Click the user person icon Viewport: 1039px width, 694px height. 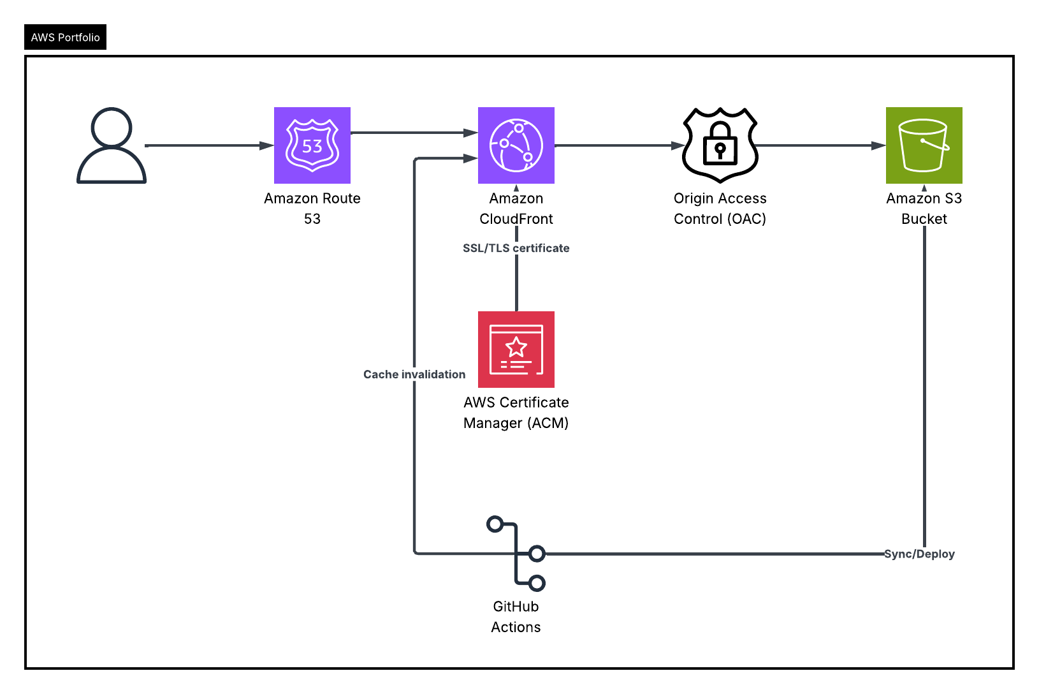(112, 145)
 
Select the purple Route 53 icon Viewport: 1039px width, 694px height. (312, 145)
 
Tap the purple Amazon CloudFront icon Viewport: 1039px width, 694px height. (516, 145)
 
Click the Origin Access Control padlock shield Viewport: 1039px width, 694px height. (720, 145)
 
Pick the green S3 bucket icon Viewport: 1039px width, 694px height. (924, 145)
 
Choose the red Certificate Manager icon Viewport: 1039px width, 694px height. (516, 350)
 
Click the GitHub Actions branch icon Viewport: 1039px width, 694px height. (516, 554)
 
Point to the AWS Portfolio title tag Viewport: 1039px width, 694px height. (65, 37)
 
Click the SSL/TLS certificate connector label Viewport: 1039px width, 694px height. (516, 248)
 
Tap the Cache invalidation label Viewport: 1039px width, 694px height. (414, 374)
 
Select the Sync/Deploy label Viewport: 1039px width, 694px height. (919, 554)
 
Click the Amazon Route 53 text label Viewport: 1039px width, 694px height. (312, 209)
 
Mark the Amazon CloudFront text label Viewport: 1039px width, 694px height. (516, 209)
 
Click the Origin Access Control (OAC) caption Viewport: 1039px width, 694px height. (720, 209)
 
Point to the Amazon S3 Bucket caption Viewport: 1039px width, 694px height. (924, 209)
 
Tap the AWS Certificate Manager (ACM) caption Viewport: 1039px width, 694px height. (516, 413)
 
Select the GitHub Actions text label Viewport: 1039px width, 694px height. (516, 617)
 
